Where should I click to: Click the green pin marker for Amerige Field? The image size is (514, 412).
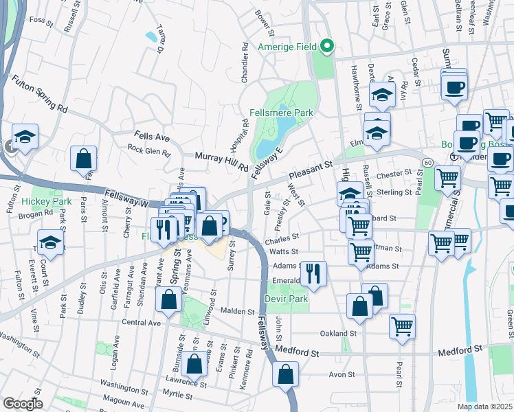(x=328, y=47)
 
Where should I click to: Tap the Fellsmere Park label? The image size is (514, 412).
(x=281, y=113)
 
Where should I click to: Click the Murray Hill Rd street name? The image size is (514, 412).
(x=221, y=161)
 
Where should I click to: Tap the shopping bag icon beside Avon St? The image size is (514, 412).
(x=285, y=375)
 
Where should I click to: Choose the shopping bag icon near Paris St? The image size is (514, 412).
(x=83, y=159)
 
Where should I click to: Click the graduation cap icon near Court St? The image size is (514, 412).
(x=50, y=242)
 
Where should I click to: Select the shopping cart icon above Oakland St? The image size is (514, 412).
(x=402, y=325)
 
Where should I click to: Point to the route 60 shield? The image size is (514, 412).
(x=427, y=162)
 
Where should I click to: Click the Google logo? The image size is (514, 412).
(x=23, y=404)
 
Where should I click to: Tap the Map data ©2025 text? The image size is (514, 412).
(x=485, y=407)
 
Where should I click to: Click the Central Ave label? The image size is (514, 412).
(x=141, y=322)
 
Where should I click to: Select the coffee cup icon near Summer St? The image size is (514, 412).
(x=456, y=87)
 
